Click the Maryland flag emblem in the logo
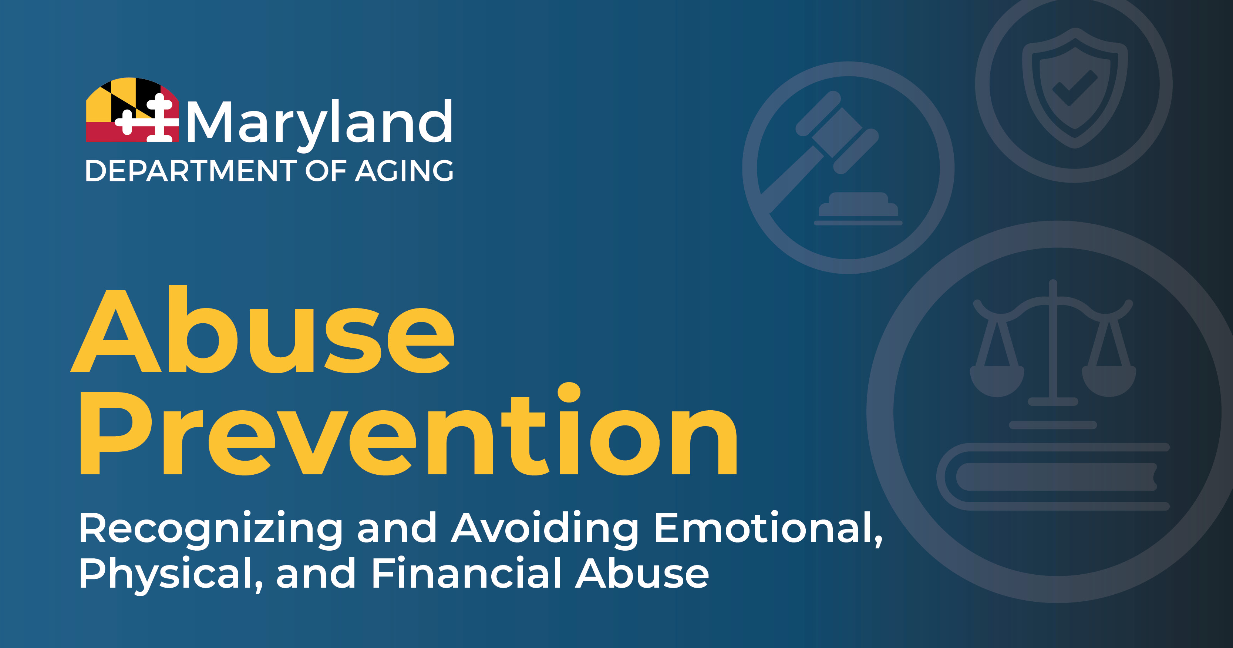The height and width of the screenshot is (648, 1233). (x=132, y=110)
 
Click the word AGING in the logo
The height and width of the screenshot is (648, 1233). (x=404, y=171)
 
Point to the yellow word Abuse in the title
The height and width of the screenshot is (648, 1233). (x=263, y=330)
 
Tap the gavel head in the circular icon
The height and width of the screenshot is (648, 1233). (x=837, y=132)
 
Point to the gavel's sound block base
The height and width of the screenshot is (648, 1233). (x=858, y=209)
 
